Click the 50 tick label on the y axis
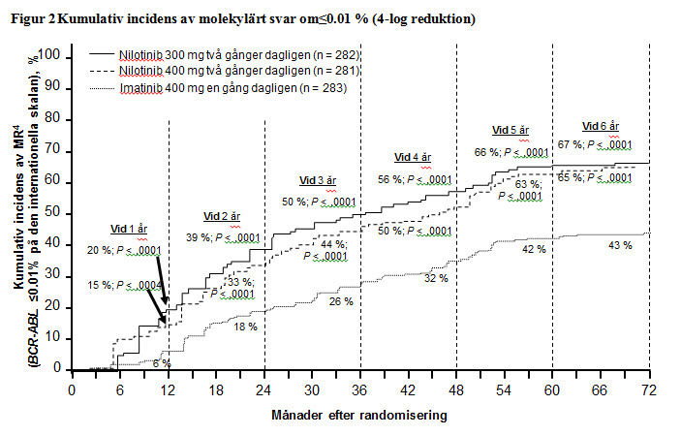click(x=56, y=213)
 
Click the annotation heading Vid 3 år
click(x=317, y=181)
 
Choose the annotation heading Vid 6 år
click(x=601, y=127)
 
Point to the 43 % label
click(x=621, y=246)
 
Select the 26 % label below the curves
click(x=341, y=302)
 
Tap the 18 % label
click(x=246, y=327)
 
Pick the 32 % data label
click(x=436, y=278)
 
